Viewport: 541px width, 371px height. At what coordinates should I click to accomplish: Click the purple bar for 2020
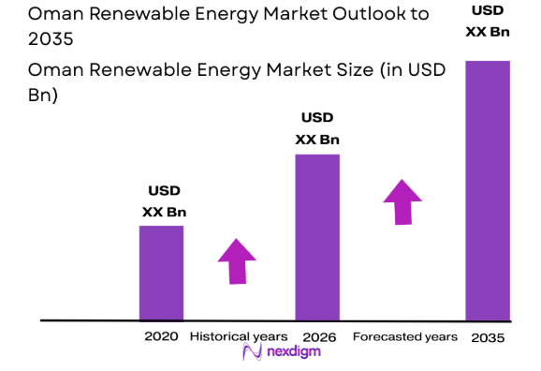tap(161, 273)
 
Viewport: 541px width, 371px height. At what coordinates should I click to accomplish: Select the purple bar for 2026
tap(317, 237)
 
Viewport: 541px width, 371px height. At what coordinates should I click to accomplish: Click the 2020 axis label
tap(161, 336)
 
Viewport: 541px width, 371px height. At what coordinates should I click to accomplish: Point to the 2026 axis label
tap(319, 336)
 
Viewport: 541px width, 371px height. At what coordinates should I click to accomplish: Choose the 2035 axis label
tap(488, 337)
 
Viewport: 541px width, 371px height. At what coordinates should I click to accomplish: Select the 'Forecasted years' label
tap(404, 336)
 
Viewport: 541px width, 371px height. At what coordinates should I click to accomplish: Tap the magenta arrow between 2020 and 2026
tap(236, 261)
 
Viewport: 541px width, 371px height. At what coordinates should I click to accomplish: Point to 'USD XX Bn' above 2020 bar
tap(164, 202)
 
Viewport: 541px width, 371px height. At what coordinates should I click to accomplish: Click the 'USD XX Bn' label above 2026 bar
tap(317, 129)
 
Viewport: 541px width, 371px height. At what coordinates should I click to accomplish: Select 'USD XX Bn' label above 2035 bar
tap(488, 21)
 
